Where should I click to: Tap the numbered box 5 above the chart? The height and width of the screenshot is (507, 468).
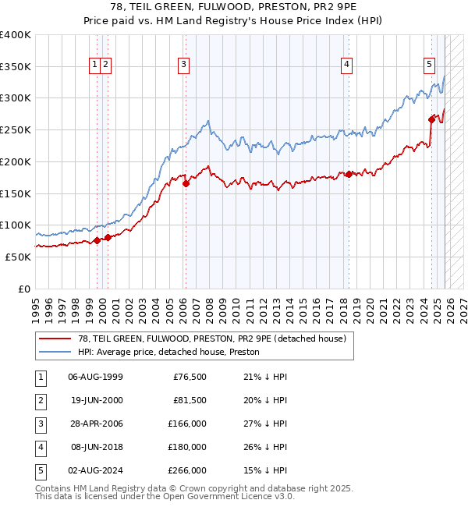[x=429, y=65]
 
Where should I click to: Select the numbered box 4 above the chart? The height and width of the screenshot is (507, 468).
[x=346, y=65]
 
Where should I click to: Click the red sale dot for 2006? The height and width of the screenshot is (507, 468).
[x=186, y=184]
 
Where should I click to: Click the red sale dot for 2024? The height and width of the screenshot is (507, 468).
[x=431, y=119]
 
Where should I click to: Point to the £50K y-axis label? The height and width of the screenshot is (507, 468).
[x=18, y=257]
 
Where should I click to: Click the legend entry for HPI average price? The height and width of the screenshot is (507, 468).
[x=168, y=353]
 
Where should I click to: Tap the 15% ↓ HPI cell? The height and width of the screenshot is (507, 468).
[x=265, y=471]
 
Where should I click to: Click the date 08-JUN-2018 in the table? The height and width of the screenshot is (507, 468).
[x=95, y=448]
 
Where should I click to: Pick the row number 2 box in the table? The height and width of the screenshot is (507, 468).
[x=39, y=401]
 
